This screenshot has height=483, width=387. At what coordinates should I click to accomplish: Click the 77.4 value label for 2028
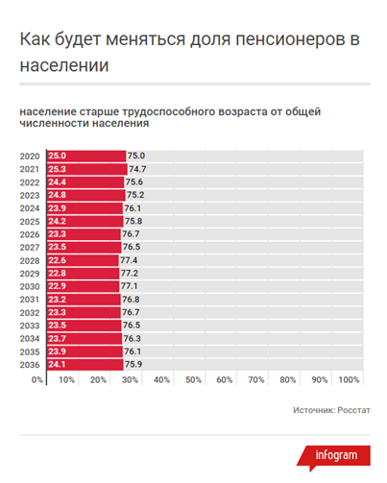coord(130,259)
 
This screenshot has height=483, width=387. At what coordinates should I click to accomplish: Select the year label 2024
coord(30,207)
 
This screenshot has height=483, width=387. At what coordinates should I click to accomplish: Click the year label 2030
coord(30,286)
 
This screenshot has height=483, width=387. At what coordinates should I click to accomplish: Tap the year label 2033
coord(30,326)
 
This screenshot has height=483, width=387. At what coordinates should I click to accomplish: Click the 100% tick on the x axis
coord(349,381)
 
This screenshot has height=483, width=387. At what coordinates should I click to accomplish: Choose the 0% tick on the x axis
coord(38,381)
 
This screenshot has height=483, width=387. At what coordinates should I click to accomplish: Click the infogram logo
coord(335,455)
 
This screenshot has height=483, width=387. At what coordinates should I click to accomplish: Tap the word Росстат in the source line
coord(351,410)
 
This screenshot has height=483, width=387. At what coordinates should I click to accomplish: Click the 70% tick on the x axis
coord(255,381)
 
